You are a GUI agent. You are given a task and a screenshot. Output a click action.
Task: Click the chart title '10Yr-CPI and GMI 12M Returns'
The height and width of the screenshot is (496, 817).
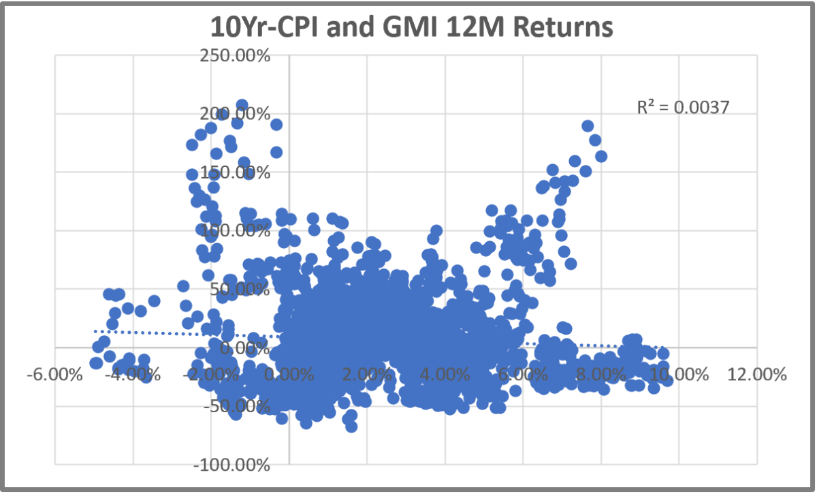tap(412, 28)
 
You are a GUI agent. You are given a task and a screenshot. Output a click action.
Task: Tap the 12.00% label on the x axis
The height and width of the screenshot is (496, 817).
tap(755, 375)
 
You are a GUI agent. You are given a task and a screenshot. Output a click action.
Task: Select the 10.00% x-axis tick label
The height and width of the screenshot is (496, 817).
tap(677, 375)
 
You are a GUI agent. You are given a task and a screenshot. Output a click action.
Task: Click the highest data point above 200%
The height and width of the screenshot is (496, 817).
tap(242, 106)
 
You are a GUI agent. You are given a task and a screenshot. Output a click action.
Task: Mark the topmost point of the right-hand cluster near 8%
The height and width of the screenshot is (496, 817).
tap(588, 126)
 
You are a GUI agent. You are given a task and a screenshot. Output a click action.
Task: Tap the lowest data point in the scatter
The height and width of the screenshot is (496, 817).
tap(351, 427)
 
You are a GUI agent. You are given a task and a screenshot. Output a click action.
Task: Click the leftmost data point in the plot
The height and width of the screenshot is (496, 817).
tap(96, 363)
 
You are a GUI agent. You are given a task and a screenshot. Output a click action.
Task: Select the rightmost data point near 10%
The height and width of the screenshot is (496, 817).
tap(667, 380)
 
